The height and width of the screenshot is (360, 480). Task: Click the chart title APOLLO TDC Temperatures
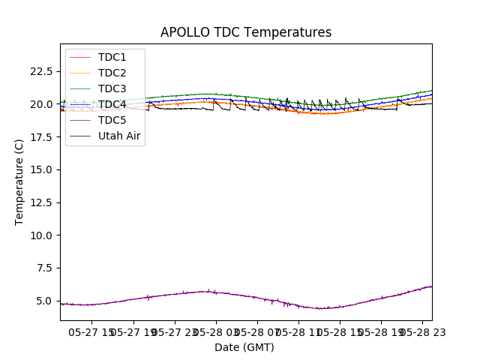(x=246, y=33)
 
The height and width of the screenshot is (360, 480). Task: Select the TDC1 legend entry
(x=112, y=57)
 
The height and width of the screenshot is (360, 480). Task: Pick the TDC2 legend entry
(x=112, y=73)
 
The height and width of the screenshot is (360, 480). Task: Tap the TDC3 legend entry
(x=112, y=88)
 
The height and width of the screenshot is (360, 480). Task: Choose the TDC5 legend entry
(x=112, y=120)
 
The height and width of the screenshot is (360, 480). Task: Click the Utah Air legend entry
(x=119, y=136)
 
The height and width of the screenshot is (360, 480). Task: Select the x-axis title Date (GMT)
(x=244, y=347)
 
